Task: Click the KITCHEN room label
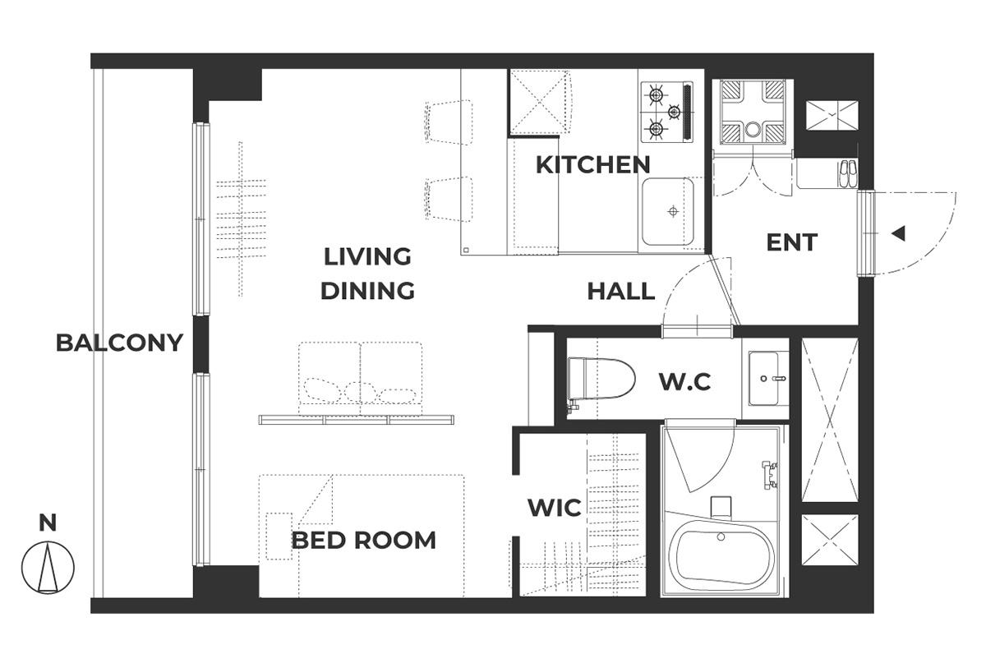click(x=593, y=164)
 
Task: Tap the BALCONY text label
click(x=119, y=343)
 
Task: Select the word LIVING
click(x=367, y=256)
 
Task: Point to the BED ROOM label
click(x=363, y=540)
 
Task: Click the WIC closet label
click(x=555, y=508)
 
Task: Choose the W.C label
click(x=685, y=382)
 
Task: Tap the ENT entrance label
click(x=792, y=242)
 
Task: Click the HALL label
click(x=621, y=292)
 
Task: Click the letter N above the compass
click(x=48, y=523)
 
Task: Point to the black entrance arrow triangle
click(x=898, y=233)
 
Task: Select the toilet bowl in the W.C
click(x=601, y=380)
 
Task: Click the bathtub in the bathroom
click(x=722, y=555)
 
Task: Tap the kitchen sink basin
click(x=668, y=212)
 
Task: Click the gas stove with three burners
click(x=667, y=112)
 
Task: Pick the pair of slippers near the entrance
click(x=848, y=174)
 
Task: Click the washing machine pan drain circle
click(x=753, y=130)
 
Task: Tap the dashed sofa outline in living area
click(x=361, y=379)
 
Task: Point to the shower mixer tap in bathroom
click(x=770, y=475)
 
